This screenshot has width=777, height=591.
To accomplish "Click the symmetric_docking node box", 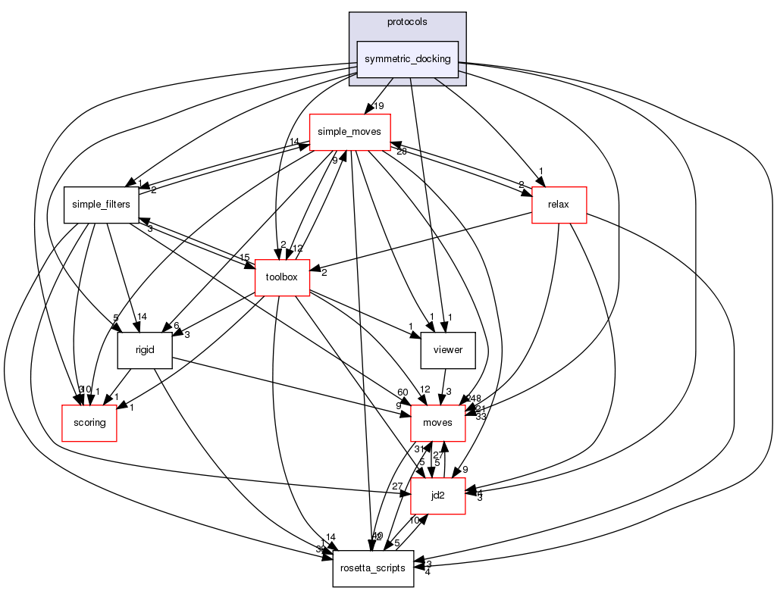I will click(408, 59).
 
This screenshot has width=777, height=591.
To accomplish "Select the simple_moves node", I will click(349, 131).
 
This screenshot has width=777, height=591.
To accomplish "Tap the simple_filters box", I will click(101, 205).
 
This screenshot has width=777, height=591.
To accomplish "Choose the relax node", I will click(559, 205).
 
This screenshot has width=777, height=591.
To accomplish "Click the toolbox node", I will click(282, 277).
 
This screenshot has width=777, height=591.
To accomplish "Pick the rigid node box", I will click(145, 351).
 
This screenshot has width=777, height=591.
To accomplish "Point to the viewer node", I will click(447, 351).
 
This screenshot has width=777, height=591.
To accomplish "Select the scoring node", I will click(89, 423).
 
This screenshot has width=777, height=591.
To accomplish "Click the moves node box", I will click(437, 423).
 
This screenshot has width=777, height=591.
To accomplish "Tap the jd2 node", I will click(437, 496).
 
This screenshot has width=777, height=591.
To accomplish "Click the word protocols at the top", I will click(407, 22).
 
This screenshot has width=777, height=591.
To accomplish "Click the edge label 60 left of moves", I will click(402, 392).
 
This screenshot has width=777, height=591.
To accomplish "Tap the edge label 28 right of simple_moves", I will click(402, 152).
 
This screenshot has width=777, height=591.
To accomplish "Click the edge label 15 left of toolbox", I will click(245, 258).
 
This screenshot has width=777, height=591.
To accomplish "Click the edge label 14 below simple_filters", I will click(142, 317).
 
